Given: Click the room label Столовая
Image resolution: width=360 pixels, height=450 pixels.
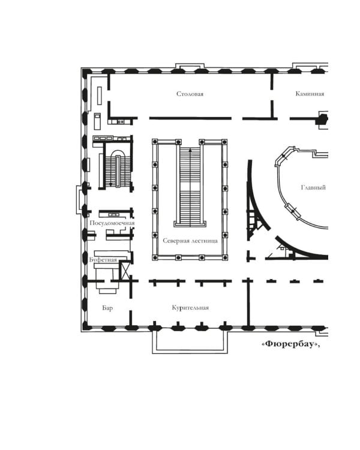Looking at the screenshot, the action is coord(190,94).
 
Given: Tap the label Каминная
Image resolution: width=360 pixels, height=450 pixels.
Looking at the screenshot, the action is coord(310,94).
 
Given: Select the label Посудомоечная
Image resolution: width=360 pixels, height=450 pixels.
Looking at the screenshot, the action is coord(112,223).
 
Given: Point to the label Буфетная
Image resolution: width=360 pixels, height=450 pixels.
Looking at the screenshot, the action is coord(103,260).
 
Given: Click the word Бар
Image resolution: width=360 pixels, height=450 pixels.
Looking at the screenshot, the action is coord(107,308).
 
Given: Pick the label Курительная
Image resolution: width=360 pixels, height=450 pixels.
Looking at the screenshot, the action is coord(190,308).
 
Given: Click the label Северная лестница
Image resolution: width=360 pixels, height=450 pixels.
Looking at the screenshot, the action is coord(190,241).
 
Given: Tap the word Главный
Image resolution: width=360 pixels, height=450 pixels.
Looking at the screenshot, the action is coord(313,187).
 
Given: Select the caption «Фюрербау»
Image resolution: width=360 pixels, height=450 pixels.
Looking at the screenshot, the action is coord(291,344).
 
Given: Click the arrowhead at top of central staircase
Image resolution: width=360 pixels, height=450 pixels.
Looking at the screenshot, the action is coord(190,149).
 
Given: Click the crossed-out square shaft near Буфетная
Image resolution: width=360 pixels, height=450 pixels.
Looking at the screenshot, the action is coord(125,270).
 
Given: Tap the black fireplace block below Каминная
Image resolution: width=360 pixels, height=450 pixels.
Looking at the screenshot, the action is coord(322,119).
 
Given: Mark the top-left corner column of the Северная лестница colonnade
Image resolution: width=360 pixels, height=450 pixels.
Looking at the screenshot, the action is coord(155,142).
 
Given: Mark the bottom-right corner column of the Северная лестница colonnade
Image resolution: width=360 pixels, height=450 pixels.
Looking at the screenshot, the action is coord(225,257).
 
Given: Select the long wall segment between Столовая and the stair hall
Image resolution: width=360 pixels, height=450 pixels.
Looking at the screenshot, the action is coord(190,118).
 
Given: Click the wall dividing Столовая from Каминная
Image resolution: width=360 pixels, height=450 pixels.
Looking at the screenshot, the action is coord(272,96).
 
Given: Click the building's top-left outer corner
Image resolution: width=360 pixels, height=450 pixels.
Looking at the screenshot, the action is coord(82,68).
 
